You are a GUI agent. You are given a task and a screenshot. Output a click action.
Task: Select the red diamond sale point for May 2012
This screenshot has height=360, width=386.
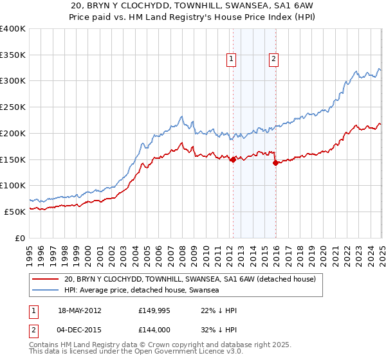click(x=233, y=160)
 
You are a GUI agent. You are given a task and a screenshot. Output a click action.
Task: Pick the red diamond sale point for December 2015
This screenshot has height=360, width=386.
click(x=275, y=163)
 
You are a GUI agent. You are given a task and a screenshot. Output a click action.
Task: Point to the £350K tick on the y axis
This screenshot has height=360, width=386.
click(x=13, y=55)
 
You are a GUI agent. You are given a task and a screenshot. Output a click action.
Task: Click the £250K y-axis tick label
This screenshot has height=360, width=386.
click(x=13, y=107)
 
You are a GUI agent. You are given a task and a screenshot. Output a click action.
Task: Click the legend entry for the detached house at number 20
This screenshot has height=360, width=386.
click(x=190, y=280)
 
